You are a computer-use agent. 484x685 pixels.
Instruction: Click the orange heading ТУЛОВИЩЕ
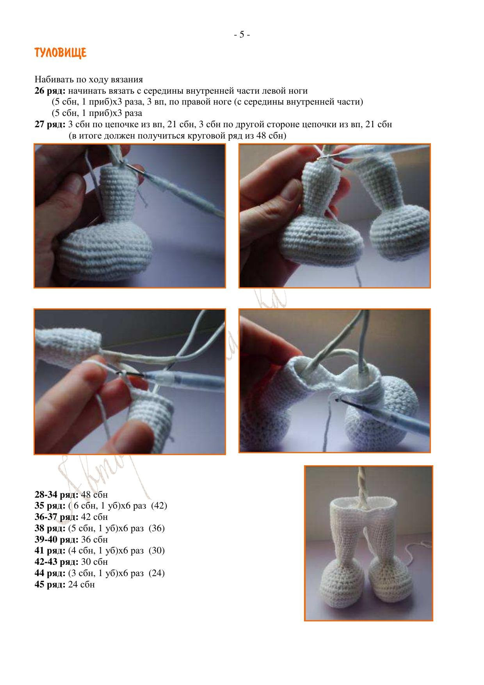(x=60, y=53)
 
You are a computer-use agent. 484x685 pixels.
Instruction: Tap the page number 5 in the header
(x=242, y=35)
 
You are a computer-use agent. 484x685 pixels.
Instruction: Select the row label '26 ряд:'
(x=50, y=91)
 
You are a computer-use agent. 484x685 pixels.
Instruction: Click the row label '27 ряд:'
(x=50, y=125)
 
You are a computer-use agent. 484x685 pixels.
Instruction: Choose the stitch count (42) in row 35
(x=159, y=506)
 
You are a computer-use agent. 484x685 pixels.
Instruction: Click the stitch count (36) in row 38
(x=157, y=528)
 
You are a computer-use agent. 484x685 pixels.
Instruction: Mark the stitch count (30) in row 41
(x=157, y=551)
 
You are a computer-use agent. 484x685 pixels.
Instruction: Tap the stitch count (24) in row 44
(x=157, y=573)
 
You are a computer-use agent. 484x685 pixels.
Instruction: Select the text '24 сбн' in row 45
(x=81, y=585)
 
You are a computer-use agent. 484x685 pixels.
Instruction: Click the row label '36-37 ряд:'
(x=56, y=517)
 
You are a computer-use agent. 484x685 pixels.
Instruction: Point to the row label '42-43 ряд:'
(x=56, y=562)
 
